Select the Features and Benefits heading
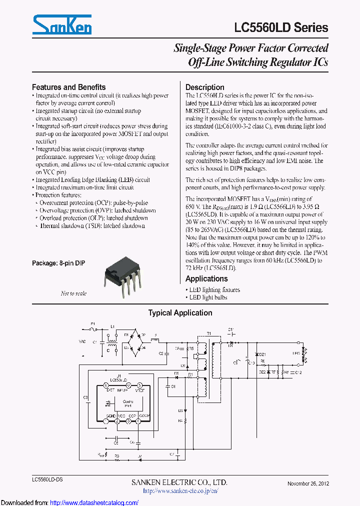pyautogui.click(x=68, y=87)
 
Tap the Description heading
pyautogui.click(x=204, y=87)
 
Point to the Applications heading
pyautogui.click(x=206, y=279)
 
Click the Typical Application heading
pyautogui.click(x=180, y=313)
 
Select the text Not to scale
pyautogui.click(x=73, y=293)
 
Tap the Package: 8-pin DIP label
pyautogui.click(x=58, y=263)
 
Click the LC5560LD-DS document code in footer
pyautogui.click(x=47, y=479)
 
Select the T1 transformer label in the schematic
pyautogui.click(x=208, y=333)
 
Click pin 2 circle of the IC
pyautogui.click(x=117, y=421)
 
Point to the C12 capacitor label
pyautogui.click(x=298, y=372)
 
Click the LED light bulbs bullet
pyautogui.click(x=208, y=297)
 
